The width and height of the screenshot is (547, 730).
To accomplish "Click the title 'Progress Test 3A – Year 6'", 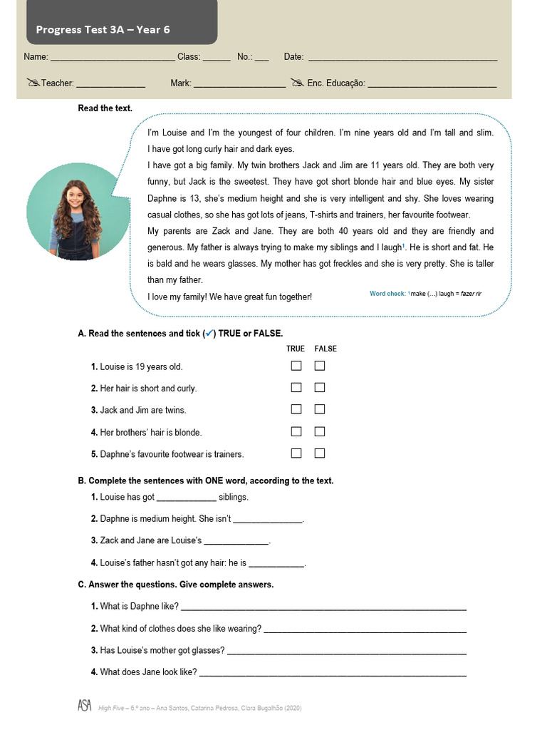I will tap(103, 29).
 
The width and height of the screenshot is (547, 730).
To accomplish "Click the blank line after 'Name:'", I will tap(113, 58).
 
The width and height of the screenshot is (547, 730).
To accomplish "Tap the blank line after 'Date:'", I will tap(402, 58).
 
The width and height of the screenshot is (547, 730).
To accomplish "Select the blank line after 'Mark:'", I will tap(239, 85).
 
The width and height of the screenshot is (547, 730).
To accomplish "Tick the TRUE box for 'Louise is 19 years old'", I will tap(296, 366).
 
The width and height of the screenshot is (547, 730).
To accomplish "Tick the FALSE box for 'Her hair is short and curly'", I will tap(320, 388).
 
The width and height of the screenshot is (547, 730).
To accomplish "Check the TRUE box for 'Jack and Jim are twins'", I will tap(296, 410).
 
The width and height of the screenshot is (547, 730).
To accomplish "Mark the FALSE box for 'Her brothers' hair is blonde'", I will tap(320, 431).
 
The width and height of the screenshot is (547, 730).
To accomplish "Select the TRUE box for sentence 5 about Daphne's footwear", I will tap(296, 453).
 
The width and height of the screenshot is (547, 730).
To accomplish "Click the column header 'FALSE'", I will tap(325, 349).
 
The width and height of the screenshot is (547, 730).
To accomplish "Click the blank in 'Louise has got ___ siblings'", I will tap(185, 499).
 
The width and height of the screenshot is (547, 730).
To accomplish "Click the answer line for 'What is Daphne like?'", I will tap(324, 608).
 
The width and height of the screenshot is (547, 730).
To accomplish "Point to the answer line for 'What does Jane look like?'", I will tap(333, 674).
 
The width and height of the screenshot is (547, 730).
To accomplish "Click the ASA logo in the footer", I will tap(85, 706).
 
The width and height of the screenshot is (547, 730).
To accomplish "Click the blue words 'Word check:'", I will tap(387, 294).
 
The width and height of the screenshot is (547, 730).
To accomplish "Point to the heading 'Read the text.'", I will tap(105, 108).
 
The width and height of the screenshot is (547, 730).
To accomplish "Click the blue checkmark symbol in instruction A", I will tap(209, 333).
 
